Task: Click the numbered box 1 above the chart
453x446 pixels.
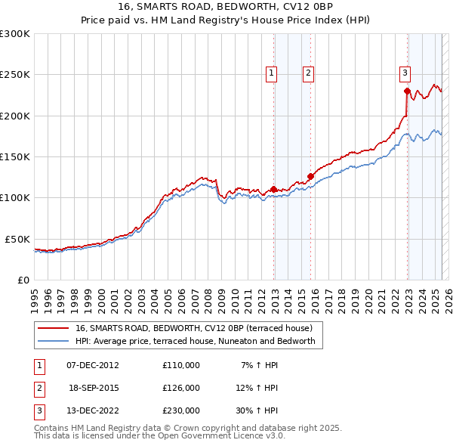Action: [x=271, y=73]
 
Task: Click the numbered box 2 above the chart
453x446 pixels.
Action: [x=309, y=73]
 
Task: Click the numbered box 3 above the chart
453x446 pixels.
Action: [x=405, y=73]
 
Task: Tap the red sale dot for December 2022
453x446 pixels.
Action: [x=407, y=91]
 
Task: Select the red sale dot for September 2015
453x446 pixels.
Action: [x=310, y=177]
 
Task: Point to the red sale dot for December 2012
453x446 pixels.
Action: [x=273, y=190]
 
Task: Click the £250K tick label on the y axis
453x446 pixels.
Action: [x=14, y=75]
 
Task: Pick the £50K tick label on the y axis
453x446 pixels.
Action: [x=17, y=239]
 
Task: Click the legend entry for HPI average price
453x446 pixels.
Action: [x=199, y=342]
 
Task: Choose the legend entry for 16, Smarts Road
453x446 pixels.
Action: [x=199, y=328]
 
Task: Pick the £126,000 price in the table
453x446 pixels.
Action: [x=181, y=388]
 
